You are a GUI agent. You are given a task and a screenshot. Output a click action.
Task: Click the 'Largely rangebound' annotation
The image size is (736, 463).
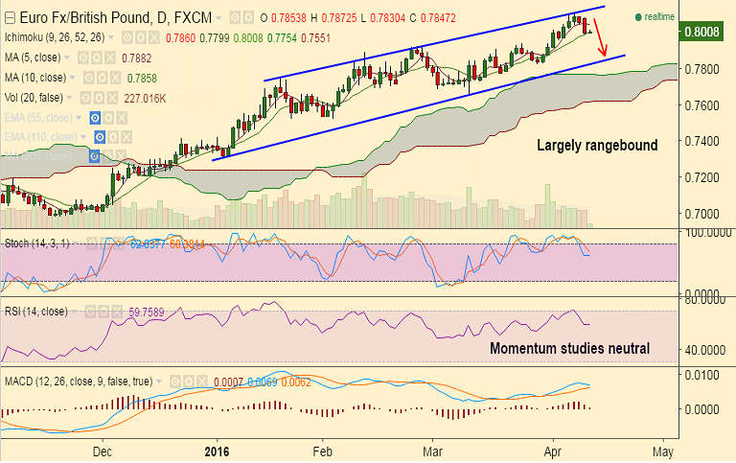click(596, 146)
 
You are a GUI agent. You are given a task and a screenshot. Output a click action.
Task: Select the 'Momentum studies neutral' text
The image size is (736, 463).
click(570, 348)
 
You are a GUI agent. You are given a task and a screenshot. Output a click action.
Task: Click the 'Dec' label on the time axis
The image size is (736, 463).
click(103, 450)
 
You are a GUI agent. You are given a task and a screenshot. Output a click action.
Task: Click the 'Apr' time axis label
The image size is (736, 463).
click(553, 450)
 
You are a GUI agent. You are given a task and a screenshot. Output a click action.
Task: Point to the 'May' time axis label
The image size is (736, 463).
click(663, 450)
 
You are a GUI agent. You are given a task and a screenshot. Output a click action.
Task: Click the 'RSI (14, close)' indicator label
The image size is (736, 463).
click(37, 311)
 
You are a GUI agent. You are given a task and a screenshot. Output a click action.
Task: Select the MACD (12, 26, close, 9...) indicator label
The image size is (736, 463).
click(78, 382)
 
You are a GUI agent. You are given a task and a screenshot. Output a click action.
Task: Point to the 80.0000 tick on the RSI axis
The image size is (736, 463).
click(699, 299)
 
